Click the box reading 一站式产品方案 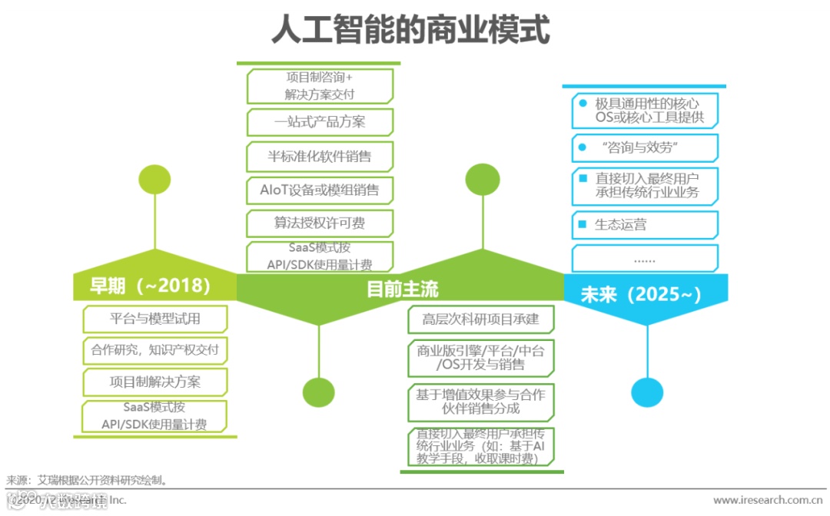(x=320, y=122)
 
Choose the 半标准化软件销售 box (x=320, y=156)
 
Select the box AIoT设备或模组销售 (x=320, y=190)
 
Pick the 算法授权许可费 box (x=320, y=223)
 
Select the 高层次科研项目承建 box (x=481, y=319)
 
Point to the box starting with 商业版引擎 (x=481, y=358)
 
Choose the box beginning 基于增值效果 (x=481, y=402)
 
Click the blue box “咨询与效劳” (x=645, y=147)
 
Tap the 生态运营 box (x=645, y=225)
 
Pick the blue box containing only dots (x=645, y=259)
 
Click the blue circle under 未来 (x=647, y=392)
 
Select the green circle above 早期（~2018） (x=154, y=180)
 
